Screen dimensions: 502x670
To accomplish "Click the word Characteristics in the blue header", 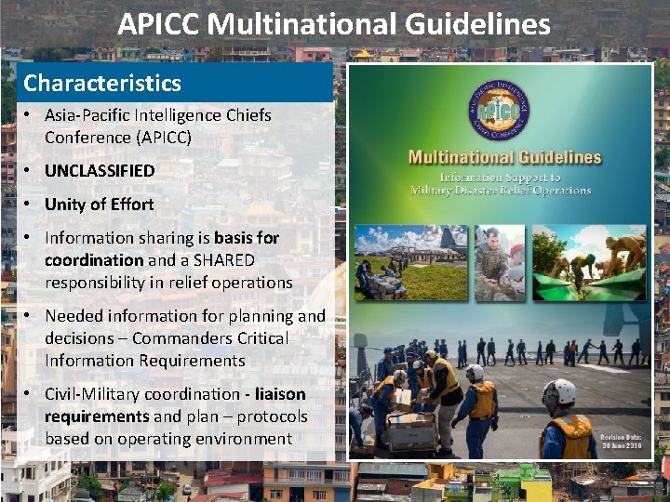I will pos(102,84).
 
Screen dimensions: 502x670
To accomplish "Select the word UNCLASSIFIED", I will pos(100,171).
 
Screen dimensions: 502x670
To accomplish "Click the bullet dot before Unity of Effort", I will pos(30,205).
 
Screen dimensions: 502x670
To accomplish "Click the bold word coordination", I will pos(94,260).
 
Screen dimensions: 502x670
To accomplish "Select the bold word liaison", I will pos(274,394).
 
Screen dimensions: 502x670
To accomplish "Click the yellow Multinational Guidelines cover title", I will pos(504,156).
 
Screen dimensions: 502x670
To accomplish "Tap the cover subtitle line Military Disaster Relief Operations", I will pos(501,190).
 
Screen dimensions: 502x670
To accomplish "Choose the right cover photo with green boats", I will pos(602,264).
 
